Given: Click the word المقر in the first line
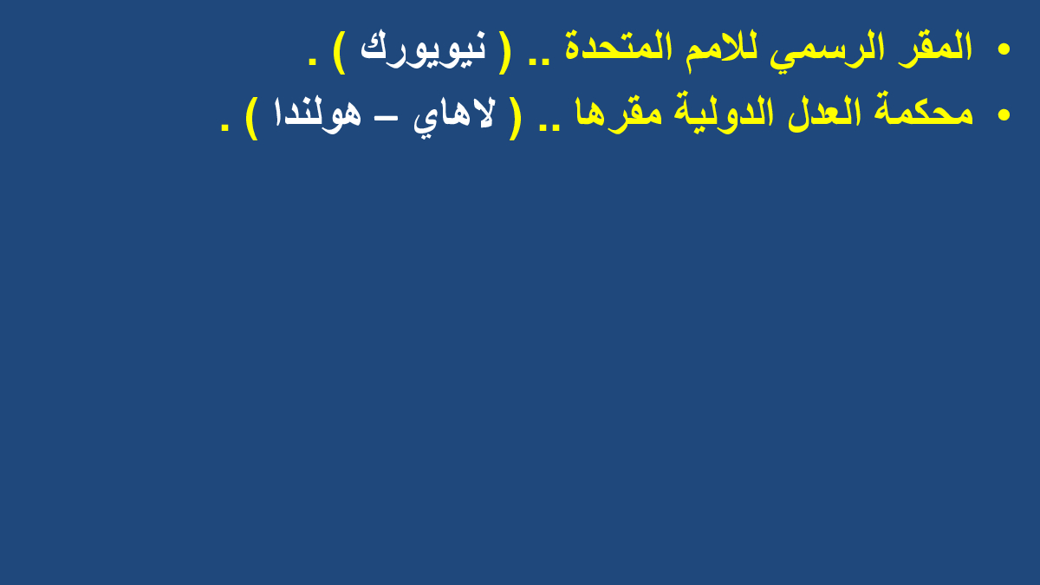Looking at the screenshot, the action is pyautogui.click(x=935, y=48).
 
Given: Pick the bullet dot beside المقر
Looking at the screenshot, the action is pyautogui.click(x=1004, y=49).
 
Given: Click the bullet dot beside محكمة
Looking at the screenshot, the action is pyautogui.click(x=1004, y=114).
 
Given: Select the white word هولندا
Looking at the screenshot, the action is pyautogui.click(x=318, y=115).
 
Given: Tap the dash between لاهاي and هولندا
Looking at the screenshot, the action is pyautogui.click(x=387, y=119).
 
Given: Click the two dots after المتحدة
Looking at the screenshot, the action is pyautogui.click(x=539, y=59).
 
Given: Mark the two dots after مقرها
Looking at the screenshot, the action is pyautogui.click(x=549, y=125).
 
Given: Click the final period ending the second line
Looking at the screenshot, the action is pyautogui.click(x=224, y=126).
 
